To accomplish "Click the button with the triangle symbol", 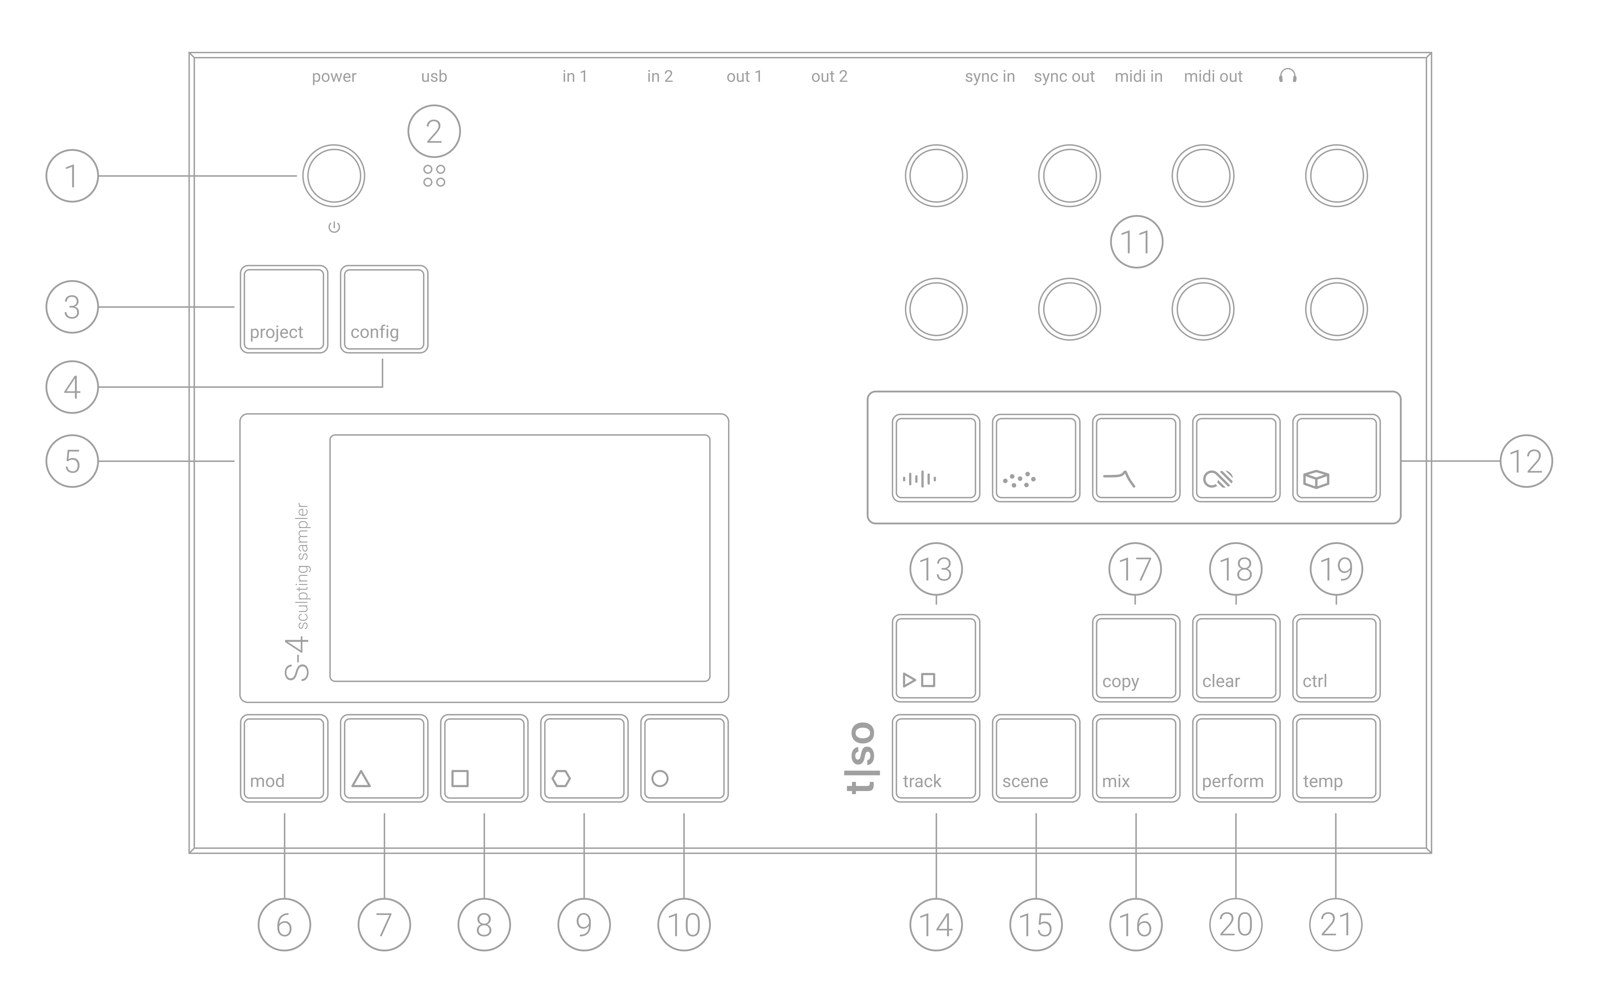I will [x=384, y=758].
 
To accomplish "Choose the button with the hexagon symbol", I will [x=584, y=758].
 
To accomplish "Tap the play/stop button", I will [x=936, y=658].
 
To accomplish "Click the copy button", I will [x=1136, y=658].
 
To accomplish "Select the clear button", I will [x=1236, y=658].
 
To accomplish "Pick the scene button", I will [x=1036, y=758].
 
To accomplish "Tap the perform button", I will [x=1236, y=758].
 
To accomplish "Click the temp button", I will [x=1336, y=758].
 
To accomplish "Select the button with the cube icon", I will [x=1336, y=458].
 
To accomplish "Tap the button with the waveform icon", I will [x=936, y=458].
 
